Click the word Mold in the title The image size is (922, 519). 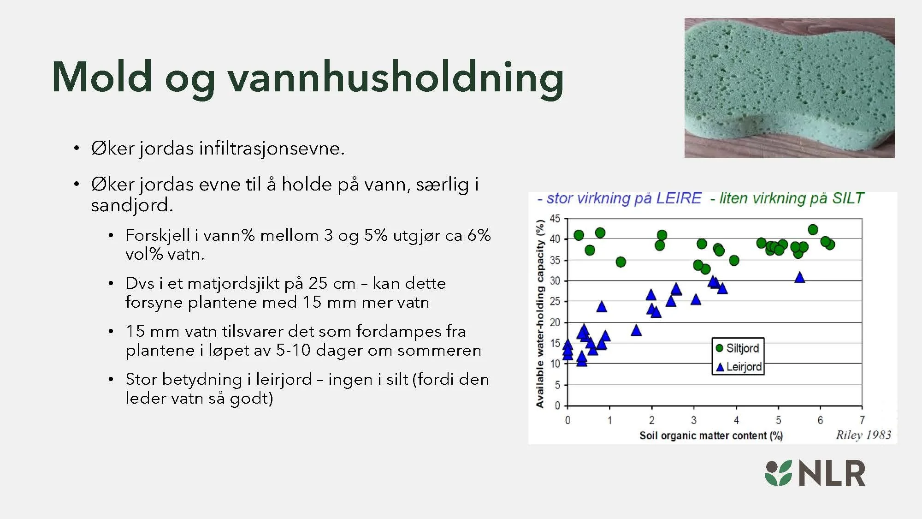pos(102,77)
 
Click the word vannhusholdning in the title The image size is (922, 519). pos(396,78)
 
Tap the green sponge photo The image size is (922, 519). pos(789,88)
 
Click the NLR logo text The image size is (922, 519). pos(832,473)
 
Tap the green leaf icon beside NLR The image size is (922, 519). pos(779,473)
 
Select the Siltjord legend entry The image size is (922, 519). pos(738,348)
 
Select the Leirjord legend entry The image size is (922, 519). pos(739,367)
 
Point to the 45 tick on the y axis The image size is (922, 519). pos(555,218)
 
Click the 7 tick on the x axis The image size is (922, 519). pos(862,420)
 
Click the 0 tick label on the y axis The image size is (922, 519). pos(557,405)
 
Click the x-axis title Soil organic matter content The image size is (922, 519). pos(710,435)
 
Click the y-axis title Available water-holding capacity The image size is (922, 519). pos(540,314)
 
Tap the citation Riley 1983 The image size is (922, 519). pos(863,435)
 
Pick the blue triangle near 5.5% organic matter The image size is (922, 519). pos(800,278)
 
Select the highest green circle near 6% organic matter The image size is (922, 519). pos(813,230)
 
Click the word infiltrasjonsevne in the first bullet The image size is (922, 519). pos(272,149)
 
